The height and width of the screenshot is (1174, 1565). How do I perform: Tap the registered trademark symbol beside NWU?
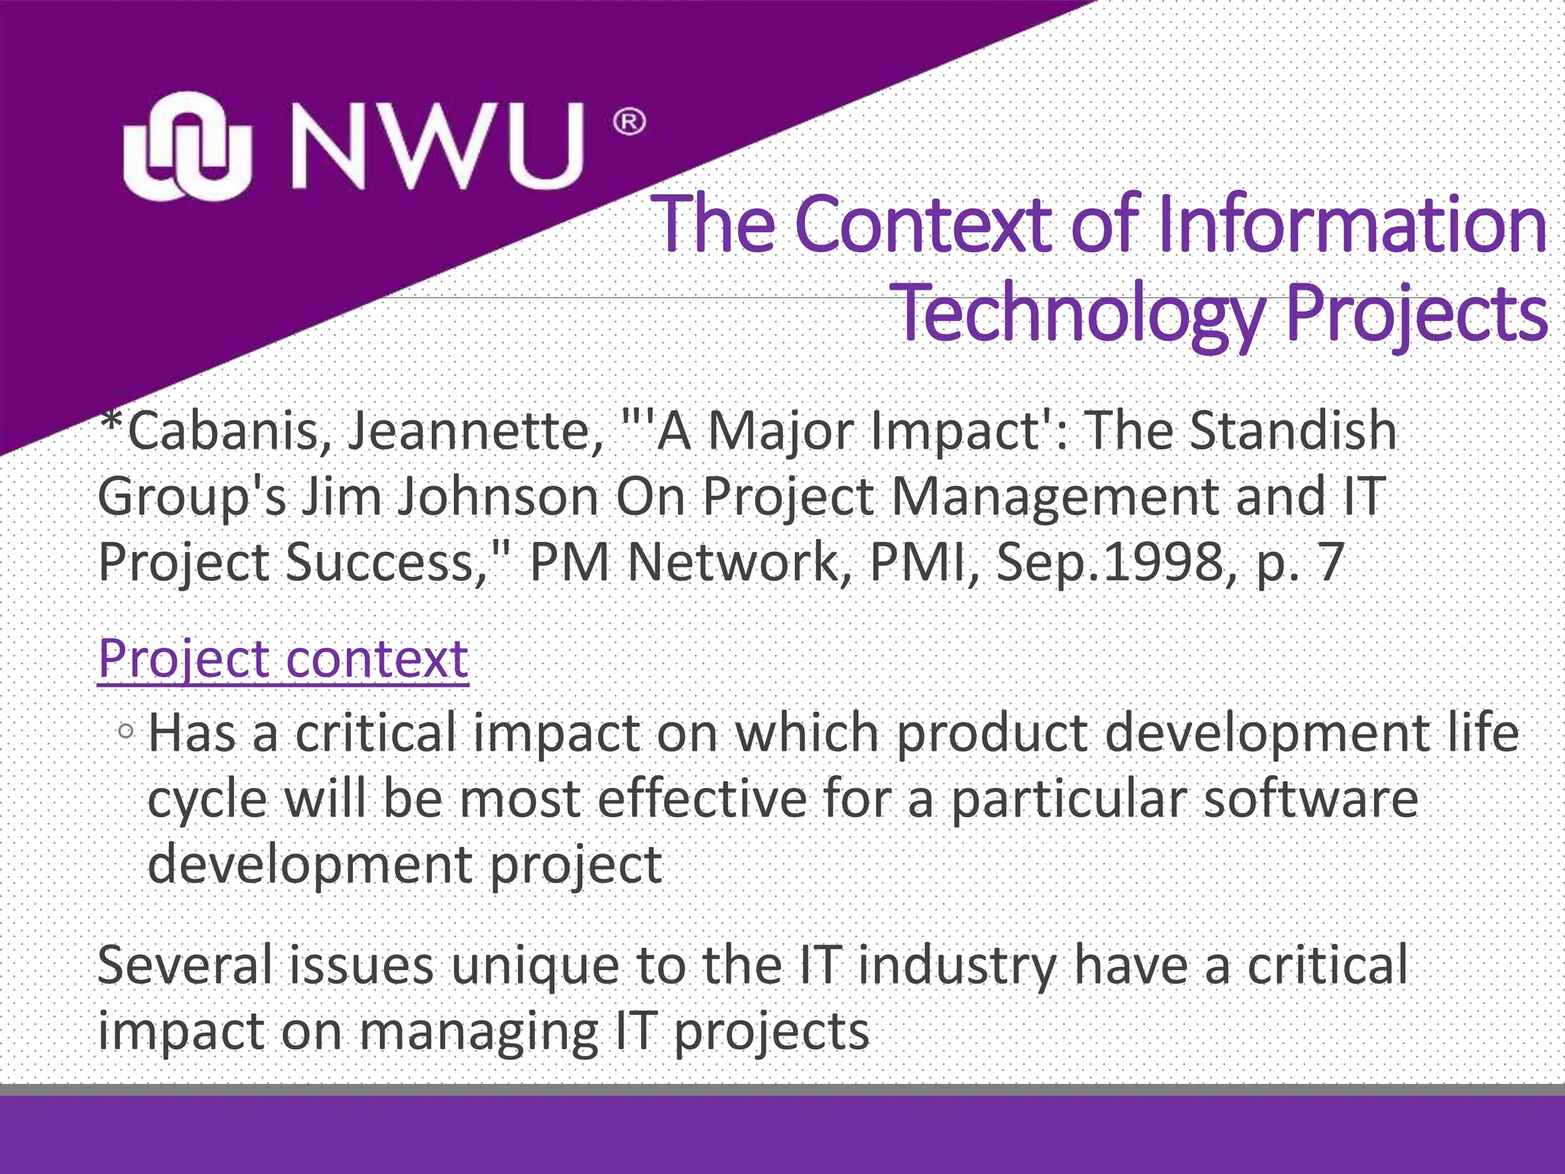pos(629,122)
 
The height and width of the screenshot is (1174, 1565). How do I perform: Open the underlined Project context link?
pos(283,659)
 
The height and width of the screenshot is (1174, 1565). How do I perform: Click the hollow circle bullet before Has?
pos(127,732)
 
